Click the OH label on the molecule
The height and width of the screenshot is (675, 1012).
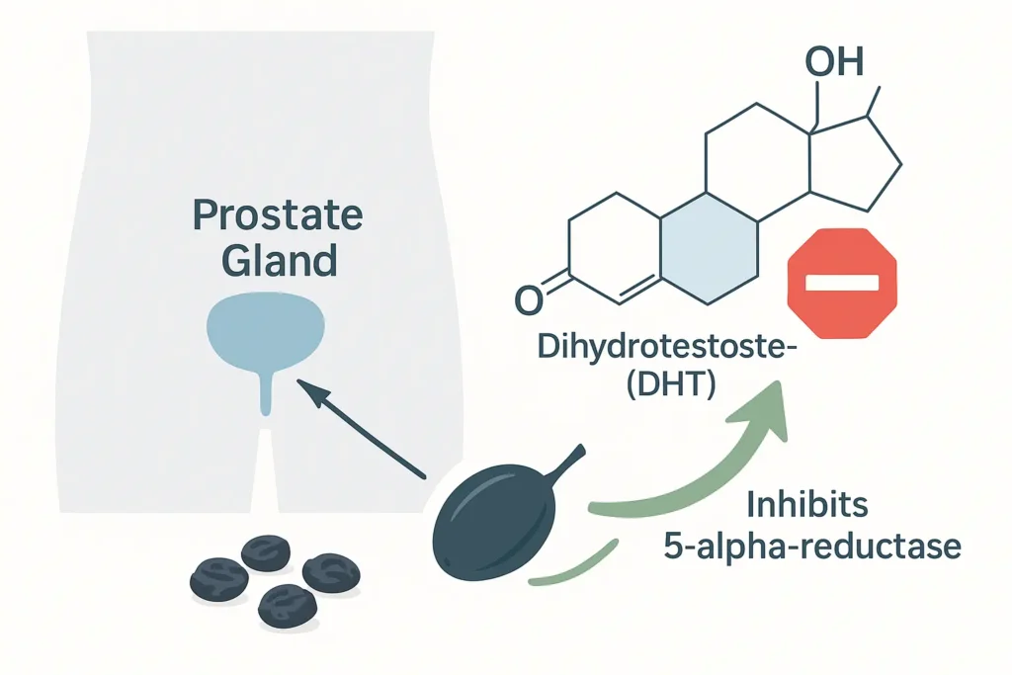click(833, 62)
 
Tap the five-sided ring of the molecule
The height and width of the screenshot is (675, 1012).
click(852, 163)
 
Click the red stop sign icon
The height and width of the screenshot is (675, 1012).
click(841, 282)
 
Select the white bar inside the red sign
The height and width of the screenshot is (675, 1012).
click(841, 283)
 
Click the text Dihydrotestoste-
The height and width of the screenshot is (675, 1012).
click(647, 349)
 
